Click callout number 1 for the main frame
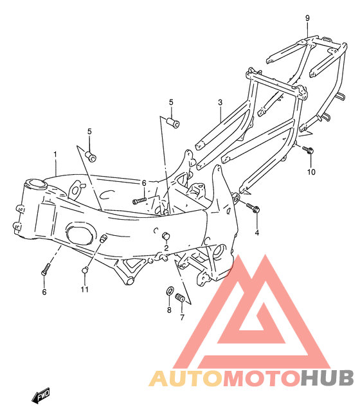pos(55,154)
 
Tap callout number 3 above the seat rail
pos(220,102)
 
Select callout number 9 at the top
pos(307,18)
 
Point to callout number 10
pos(311,172)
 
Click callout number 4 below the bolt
pos(257,233)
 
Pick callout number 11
pos(84,289)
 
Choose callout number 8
pos(169,310)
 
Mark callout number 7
pos(183,317)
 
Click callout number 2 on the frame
pos(166,248)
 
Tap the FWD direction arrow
pos(41,395)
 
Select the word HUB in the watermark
pos(327,379)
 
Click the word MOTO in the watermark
pos(261,379)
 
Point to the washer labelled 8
pos(170,290)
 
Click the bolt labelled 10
pos(308,149)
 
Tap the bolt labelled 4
pos(253,208)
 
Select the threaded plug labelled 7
pos(179,297)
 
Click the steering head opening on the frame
pos(35,184)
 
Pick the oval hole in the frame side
pos(80,235)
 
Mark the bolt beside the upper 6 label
pos(139,201)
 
